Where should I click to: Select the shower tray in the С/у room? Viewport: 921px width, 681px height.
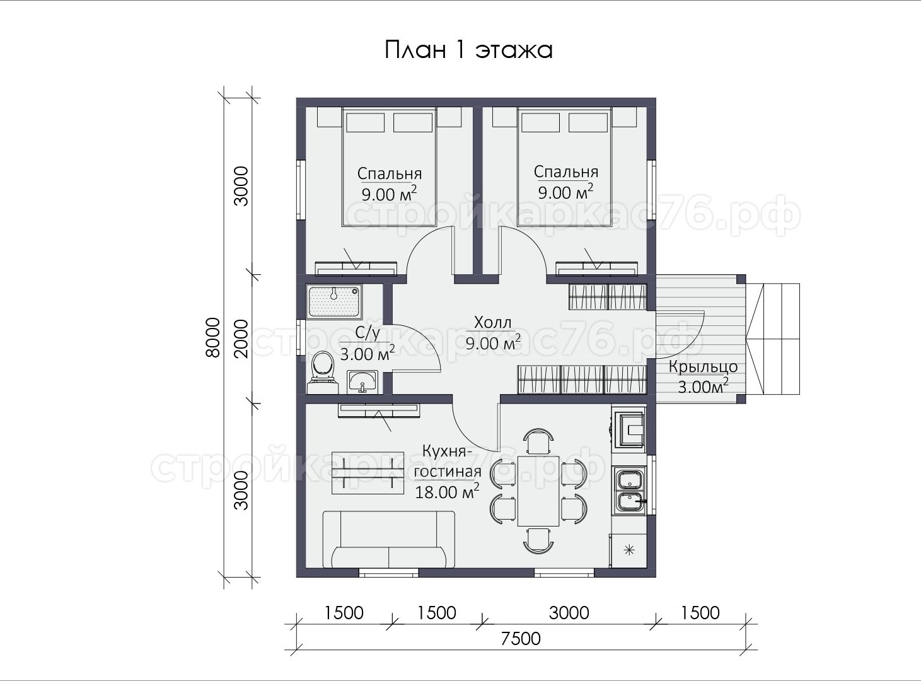(334, 301)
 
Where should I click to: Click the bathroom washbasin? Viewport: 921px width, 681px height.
(362, 381)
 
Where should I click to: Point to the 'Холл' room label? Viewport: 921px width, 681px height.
(492, 322)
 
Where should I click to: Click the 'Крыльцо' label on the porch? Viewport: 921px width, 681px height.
(703, 367)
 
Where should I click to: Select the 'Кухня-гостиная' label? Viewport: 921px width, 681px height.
(448, 461)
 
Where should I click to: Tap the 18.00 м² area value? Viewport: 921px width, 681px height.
(447, 492)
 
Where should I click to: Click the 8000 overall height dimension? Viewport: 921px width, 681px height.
(212, 337)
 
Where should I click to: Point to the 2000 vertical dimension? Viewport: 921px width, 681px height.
(241, 339)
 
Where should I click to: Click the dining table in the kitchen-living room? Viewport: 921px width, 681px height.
(538, 491)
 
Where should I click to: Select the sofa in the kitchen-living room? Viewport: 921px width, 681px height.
(389, 539)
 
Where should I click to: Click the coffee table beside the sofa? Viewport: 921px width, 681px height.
(368, 473)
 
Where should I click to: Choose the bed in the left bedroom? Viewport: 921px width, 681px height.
(389, 167)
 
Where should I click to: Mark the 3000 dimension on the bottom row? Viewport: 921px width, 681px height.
(569, 613)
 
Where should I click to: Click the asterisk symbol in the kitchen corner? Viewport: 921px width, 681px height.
(630, 550)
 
